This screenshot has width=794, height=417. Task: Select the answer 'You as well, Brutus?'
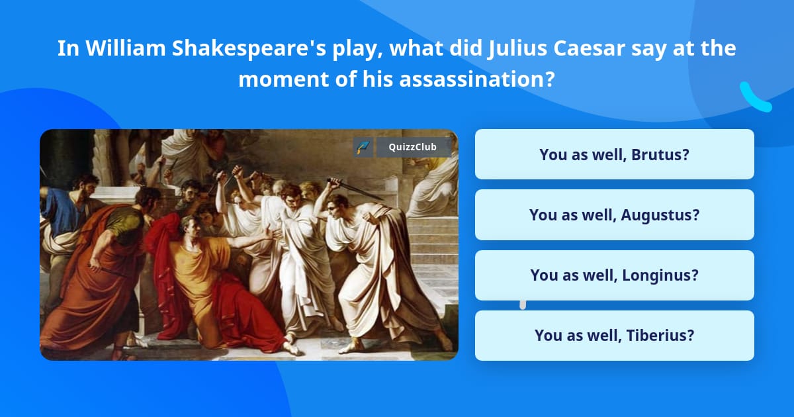click(x=614, y=154)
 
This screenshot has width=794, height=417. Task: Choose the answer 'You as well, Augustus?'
click(x=614, y=214)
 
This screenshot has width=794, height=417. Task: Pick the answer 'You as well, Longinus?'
click(x=614, y=275)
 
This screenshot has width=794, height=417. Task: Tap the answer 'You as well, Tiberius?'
click(x=614, y=335)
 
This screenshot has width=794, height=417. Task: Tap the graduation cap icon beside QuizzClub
click(x=363, y=147)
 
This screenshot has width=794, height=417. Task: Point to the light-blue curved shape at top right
click(x=755, y=98)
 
